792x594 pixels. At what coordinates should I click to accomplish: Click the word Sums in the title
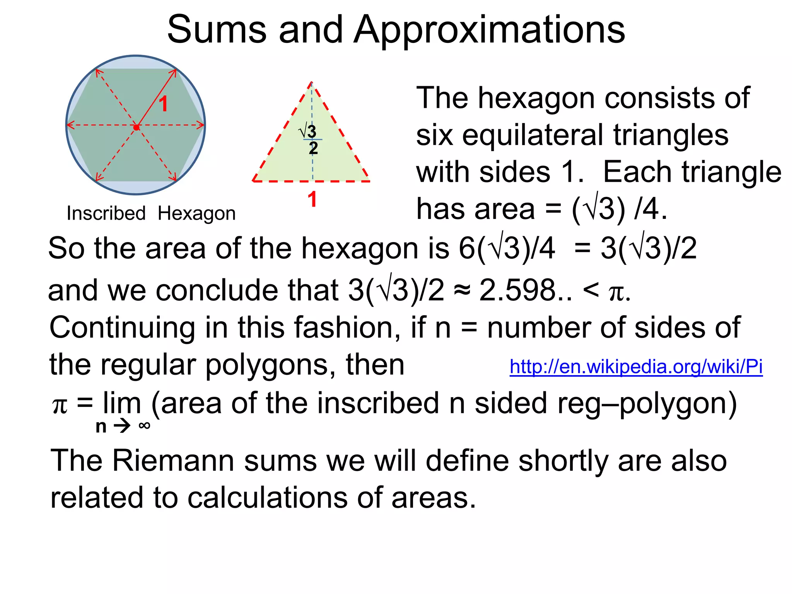[217, 30]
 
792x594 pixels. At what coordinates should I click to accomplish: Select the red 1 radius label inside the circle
[164, 104]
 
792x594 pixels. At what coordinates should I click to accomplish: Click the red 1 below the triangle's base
[312, 200]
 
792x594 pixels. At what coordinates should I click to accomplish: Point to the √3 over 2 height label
[310, 139]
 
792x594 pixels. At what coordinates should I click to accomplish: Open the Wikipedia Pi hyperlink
[636, 367]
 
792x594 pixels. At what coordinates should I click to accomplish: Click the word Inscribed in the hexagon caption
[106, 213]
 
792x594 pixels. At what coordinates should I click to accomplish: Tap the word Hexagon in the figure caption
[196, 213]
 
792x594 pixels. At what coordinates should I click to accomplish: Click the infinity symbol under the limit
[144, 426]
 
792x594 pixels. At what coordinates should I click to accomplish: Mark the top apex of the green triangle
[312, 82]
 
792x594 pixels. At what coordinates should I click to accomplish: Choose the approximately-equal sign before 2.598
[462, 291]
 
